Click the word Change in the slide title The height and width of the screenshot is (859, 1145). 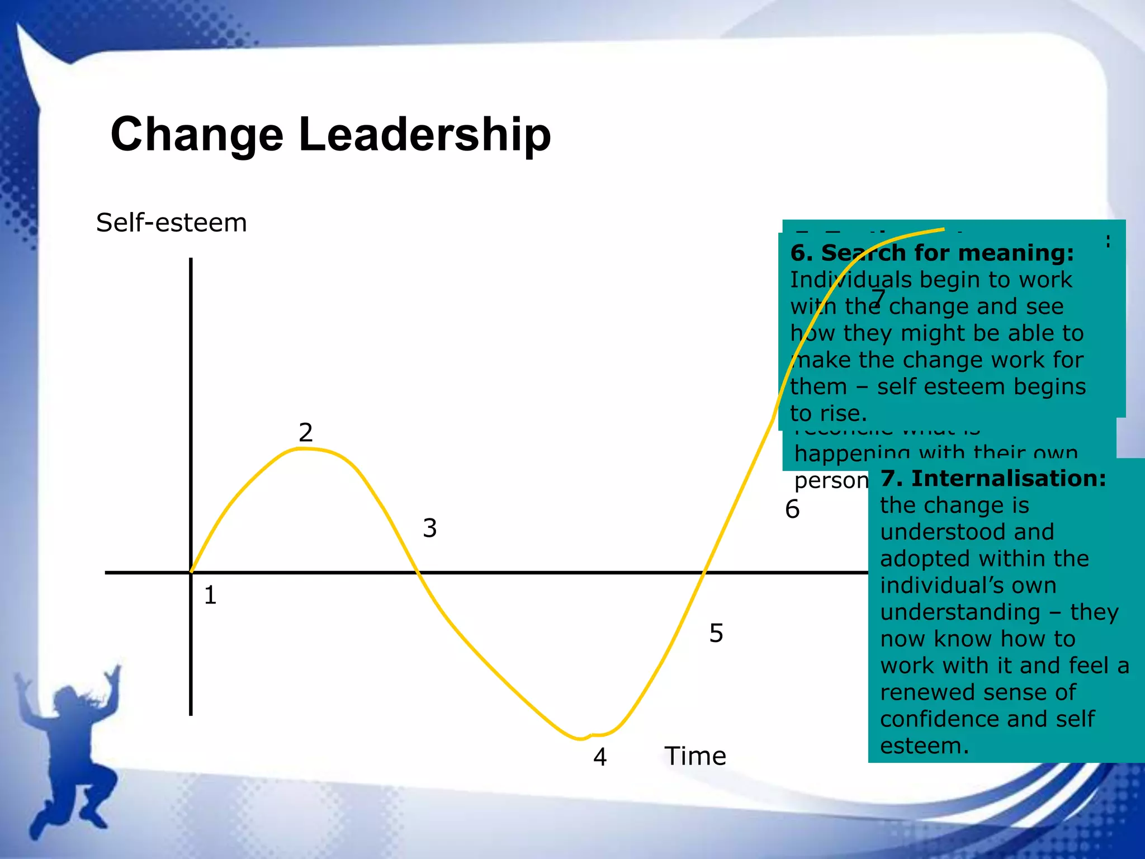[x=197, y=135]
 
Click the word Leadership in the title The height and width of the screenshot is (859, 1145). [x=425, y=135]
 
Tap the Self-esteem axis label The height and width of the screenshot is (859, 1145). [x=171, y=223]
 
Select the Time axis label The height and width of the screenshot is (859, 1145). [x=695, y=756]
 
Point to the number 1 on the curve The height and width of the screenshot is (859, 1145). [x=210, y=595]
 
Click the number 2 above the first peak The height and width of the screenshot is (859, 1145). [x=305, y=432]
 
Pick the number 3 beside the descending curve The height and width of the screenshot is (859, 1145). [x=429, y=528]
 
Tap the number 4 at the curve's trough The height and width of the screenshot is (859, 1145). [x=600, y=757]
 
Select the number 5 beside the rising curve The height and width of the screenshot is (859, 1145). [x=716, y=633]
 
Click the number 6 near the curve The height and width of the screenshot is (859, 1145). [x=792, y=509]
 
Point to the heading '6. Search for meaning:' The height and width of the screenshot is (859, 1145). [x=932, y=253]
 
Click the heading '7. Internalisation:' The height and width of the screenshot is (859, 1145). [x=993, y=479]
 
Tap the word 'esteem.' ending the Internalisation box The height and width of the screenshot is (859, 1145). [x=924, y=746]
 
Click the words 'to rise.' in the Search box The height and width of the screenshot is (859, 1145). [x=828, y=413]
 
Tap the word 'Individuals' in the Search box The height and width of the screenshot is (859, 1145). [x=844, y=280]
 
